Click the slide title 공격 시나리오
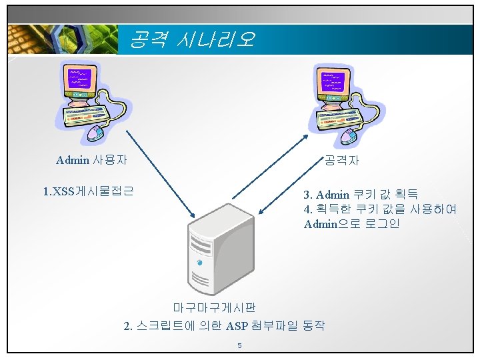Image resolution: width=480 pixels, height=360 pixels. coord(191,39)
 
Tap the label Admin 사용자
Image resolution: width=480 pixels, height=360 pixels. coord(92,160)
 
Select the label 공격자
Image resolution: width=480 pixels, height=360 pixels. coord(342,160)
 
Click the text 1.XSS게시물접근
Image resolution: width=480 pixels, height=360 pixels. coord(88,191)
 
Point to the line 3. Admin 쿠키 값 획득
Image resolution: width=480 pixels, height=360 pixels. coord(361,195)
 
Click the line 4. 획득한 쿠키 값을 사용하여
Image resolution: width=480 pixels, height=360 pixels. coord(380,209)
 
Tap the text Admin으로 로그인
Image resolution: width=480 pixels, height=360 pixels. coord(351,224)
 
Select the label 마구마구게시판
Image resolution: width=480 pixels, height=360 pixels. coord(214,307)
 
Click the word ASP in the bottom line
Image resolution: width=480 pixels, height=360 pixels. coord(237,325)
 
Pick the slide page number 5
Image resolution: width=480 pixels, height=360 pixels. coord(239,345)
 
